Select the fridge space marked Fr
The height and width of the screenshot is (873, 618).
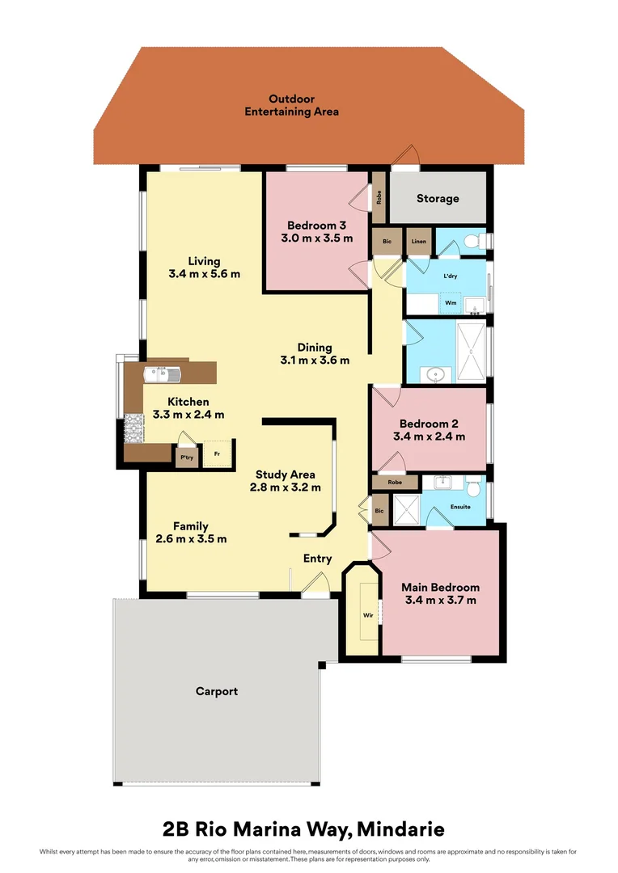[217, 454]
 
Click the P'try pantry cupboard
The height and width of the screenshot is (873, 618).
[187, 458]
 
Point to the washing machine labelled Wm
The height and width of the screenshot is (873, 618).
[450, 304]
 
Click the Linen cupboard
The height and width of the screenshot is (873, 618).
[418, 242]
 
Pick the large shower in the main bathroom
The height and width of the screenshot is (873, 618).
[470, 352]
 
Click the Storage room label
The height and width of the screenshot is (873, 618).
[438, 198]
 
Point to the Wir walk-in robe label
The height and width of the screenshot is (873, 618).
[367, 616]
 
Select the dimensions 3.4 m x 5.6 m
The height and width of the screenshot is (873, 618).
[204, 274]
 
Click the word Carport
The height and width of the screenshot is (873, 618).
[217, 691]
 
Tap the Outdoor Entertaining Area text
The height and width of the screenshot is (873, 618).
[292, 105]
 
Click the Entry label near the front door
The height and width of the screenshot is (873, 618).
[318, 559]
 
